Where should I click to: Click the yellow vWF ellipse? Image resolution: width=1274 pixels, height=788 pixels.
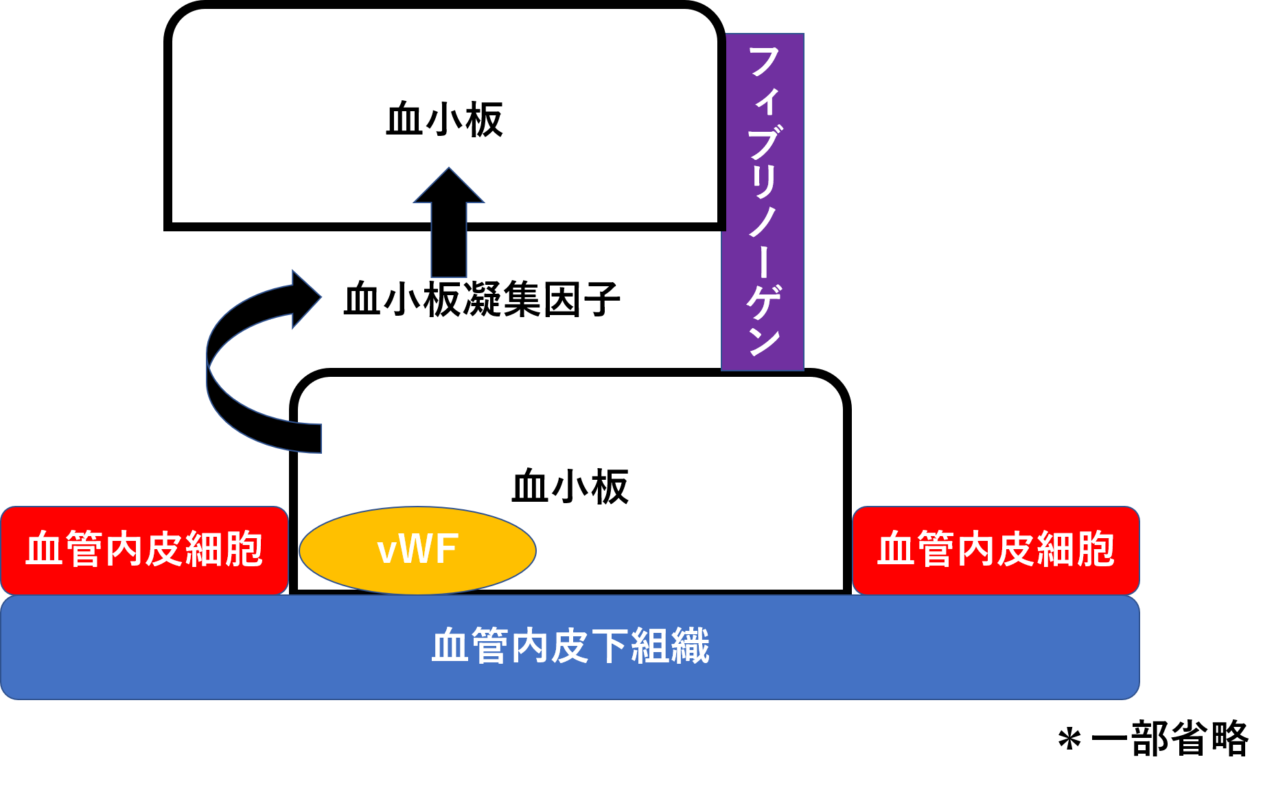tap(417, 551)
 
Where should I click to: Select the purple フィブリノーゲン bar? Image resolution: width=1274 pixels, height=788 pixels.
tap(763, 202)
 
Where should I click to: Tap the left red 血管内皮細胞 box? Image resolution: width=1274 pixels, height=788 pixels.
tap(144, 551)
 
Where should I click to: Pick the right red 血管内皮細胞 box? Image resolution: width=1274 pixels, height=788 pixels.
tap(995, 551)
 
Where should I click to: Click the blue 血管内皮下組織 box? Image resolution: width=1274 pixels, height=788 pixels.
tap(570, 647)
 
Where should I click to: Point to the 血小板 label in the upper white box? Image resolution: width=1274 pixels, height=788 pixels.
tap(445, 120)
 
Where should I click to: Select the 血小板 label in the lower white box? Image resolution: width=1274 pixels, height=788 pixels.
tap(570, 487)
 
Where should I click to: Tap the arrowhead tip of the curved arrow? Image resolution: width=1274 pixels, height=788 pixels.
tap(319, 297)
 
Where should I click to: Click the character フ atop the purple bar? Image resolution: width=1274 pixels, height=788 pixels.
tap(763, 62)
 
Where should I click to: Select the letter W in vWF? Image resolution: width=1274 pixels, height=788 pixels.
tap(416, 550)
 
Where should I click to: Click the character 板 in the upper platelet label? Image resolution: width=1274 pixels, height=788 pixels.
tap(485, 120)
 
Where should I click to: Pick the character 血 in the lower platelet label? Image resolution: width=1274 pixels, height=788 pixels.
tap(531, 487)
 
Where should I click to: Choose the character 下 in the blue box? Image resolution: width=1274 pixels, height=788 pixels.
tap(610, 647)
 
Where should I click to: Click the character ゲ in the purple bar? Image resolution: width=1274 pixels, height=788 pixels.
tap(764, 302)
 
